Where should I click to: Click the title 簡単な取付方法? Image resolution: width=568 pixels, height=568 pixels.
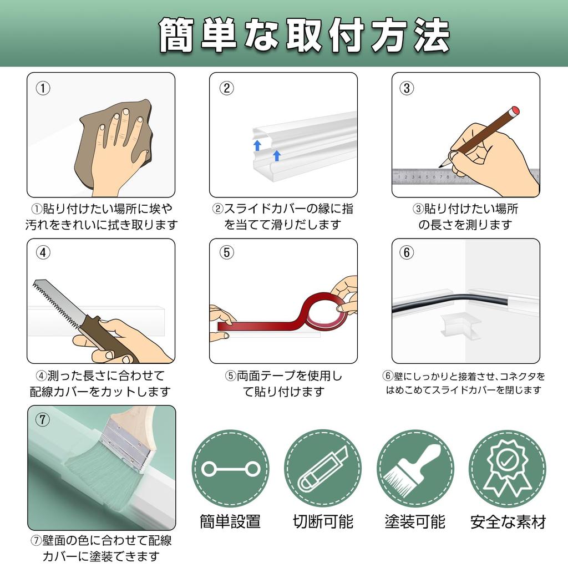(x=305, y=35)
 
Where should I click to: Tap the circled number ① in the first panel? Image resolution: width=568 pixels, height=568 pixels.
(x=43, y=88)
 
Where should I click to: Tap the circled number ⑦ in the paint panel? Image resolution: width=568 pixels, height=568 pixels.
(x=43, y=420)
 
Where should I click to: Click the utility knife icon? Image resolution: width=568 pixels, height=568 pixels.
(x=322, y=469)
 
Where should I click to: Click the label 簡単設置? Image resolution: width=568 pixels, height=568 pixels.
(x=230, y=521)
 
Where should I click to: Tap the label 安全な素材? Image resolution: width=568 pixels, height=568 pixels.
(x=508, y=522)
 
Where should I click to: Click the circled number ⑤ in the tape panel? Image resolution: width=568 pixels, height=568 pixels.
(x=227, y=252)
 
